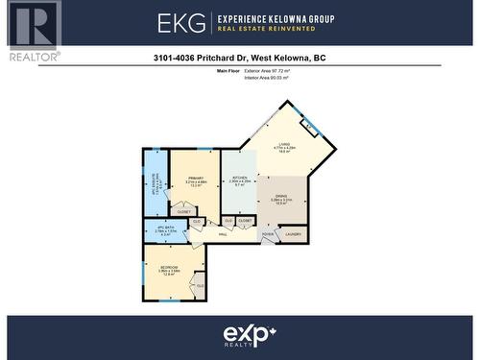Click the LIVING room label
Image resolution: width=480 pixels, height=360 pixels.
[x=283, y=145]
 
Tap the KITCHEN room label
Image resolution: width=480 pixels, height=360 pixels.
[x=240, y=178]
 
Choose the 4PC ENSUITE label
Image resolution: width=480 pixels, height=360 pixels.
[x=155, y=183]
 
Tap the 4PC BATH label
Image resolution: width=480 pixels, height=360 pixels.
[x=166, y=227]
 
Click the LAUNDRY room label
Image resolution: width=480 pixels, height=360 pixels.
[x=293, y=233]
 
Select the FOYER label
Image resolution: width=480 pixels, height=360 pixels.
[x=268, y=233]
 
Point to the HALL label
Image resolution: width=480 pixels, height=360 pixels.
[x=223, y=233]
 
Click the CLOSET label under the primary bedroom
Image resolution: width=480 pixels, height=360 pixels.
[x=183, y=211]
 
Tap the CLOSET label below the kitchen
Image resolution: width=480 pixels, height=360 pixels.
[x=245, y=221]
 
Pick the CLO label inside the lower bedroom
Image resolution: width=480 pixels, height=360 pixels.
[x=200, y=285]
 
